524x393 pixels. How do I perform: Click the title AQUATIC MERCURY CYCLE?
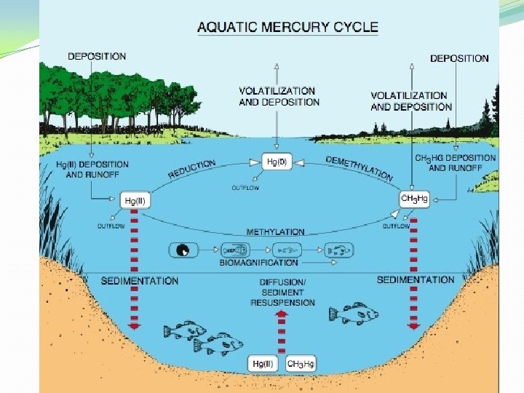(287, 28)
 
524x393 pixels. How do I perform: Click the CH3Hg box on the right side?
(414, 198)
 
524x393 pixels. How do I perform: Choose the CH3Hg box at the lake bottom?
(301, 362)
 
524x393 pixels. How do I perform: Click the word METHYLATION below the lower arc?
(275, 231)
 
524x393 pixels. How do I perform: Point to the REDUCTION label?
(192, 170)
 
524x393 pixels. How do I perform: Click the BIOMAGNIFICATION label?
(259, 263)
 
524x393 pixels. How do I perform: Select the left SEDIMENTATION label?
(139, 281)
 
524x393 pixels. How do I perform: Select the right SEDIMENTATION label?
(416, 279)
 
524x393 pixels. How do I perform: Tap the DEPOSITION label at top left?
(97, 56)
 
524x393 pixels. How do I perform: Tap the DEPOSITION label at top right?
(458, 59)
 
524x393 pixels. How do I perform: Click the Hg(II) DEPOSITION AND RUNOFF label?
(92, 169)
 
